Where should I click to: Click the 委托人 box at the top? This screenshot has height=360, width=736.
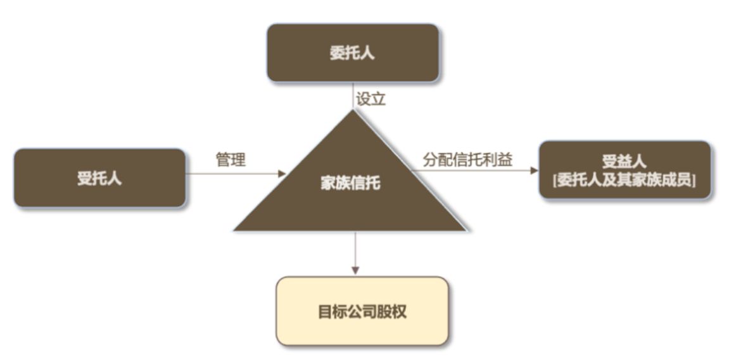tap(353, 53)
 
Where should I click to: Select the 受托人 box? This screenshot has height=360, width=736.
tap(99, 178)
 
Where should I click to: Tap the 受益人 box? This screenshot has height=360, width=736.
tap(625, 170)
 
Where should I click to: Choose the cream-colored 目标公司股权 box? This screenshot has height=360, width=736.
tap(362, 311)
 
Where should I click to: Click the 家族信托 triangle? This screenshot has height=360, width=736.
tap(352, 196)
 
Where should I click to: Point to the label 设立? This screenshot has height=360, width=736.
tap(371, 99)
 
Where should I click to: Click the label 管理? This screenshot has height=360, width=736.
tap(231, 160)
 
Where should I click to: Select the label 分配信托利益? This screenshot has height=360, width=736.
tap(468, 160)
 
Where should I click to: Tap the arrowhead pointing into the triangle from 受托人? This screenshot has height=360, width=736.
tap(282, 172)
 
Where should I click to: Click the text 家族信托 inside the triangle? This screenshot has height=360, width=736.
tap(351, 184)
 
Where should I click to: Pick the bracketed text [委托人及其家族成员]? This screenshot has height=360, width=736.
tap(625, 180)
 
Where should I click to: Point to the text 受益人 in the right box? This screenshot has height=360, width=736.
tap(625, 161)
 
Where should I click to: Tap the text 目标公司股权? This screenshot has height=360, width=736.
tap(362, 312)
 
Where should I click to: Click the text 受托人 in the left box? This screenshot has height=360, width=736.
tap(99, 178)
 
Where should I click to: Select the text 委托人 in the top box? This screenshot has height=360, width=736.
tap(353, 53)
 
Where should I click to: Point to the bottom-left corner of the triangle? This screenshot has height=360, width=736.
tap(235, 229)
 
